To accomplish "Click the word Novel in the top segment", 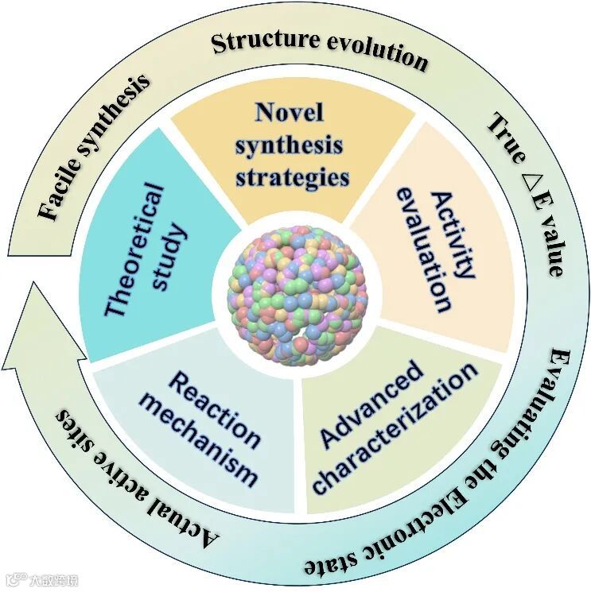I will pos(290,112).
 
